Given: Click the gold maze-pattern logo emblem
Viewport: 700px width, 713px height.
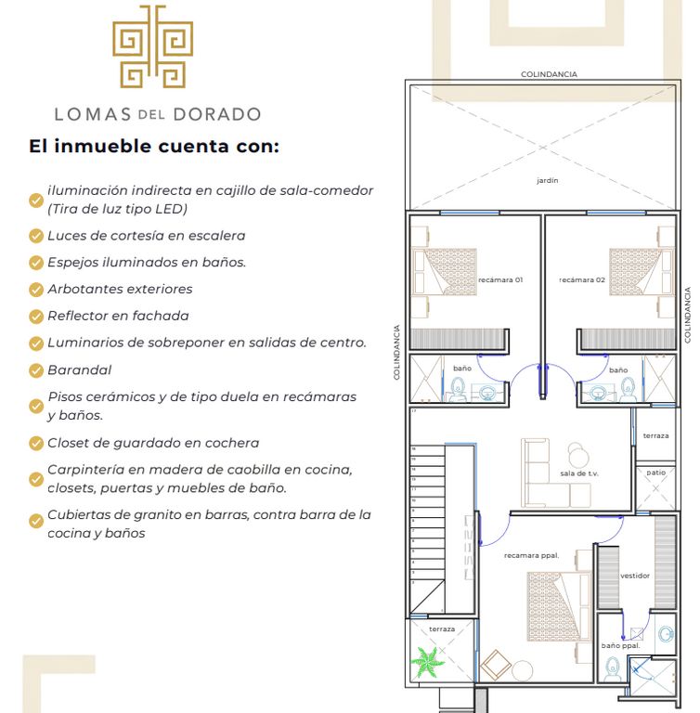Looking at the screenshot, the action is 153,46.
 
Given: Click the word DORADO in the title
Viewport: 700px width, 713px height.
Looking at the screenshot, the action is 217,114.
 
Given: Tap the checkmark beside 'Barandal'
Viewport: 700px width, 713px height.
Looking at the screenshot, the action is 36,370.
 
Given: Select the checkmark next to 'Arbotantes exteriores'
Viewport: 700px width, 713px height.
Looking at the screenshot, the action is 36,290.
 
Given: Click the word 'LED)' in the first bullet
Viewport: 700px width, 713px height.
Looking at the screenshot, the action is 172,209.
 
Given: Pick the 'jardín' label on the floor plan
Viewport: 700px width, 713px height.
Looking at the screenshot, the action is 547,180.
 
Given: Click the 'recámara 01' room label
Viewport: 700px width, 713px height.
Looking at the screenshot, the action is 500,279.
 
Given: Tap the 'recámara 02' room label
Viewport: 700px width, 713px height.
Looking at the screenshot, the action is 582,279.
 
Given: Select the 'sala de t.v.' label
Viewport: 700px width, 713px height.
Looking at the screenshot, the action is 579,473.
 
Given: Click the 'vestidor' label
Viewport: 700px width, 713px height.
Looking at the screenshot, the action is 635,576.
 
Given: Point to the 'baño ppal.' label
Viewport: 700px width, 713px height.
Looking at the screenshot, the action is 620,646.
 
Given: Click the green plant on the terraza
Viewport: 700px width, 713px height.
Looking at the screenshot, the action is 427,662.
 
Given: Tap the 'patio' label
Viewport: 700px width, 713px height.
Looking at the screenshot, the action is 655,473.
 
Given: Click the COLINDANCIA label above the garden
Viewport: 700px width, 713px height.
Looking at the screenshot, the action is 549,74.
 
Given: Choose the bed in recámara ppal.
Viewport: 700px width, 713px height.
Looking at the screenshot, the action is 560,607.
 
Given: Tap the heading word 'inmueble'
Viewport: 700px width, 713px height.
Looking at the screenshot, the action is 102,147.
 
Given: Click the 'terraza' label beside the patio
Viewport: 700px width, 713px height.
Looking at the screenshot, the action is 655,435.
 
